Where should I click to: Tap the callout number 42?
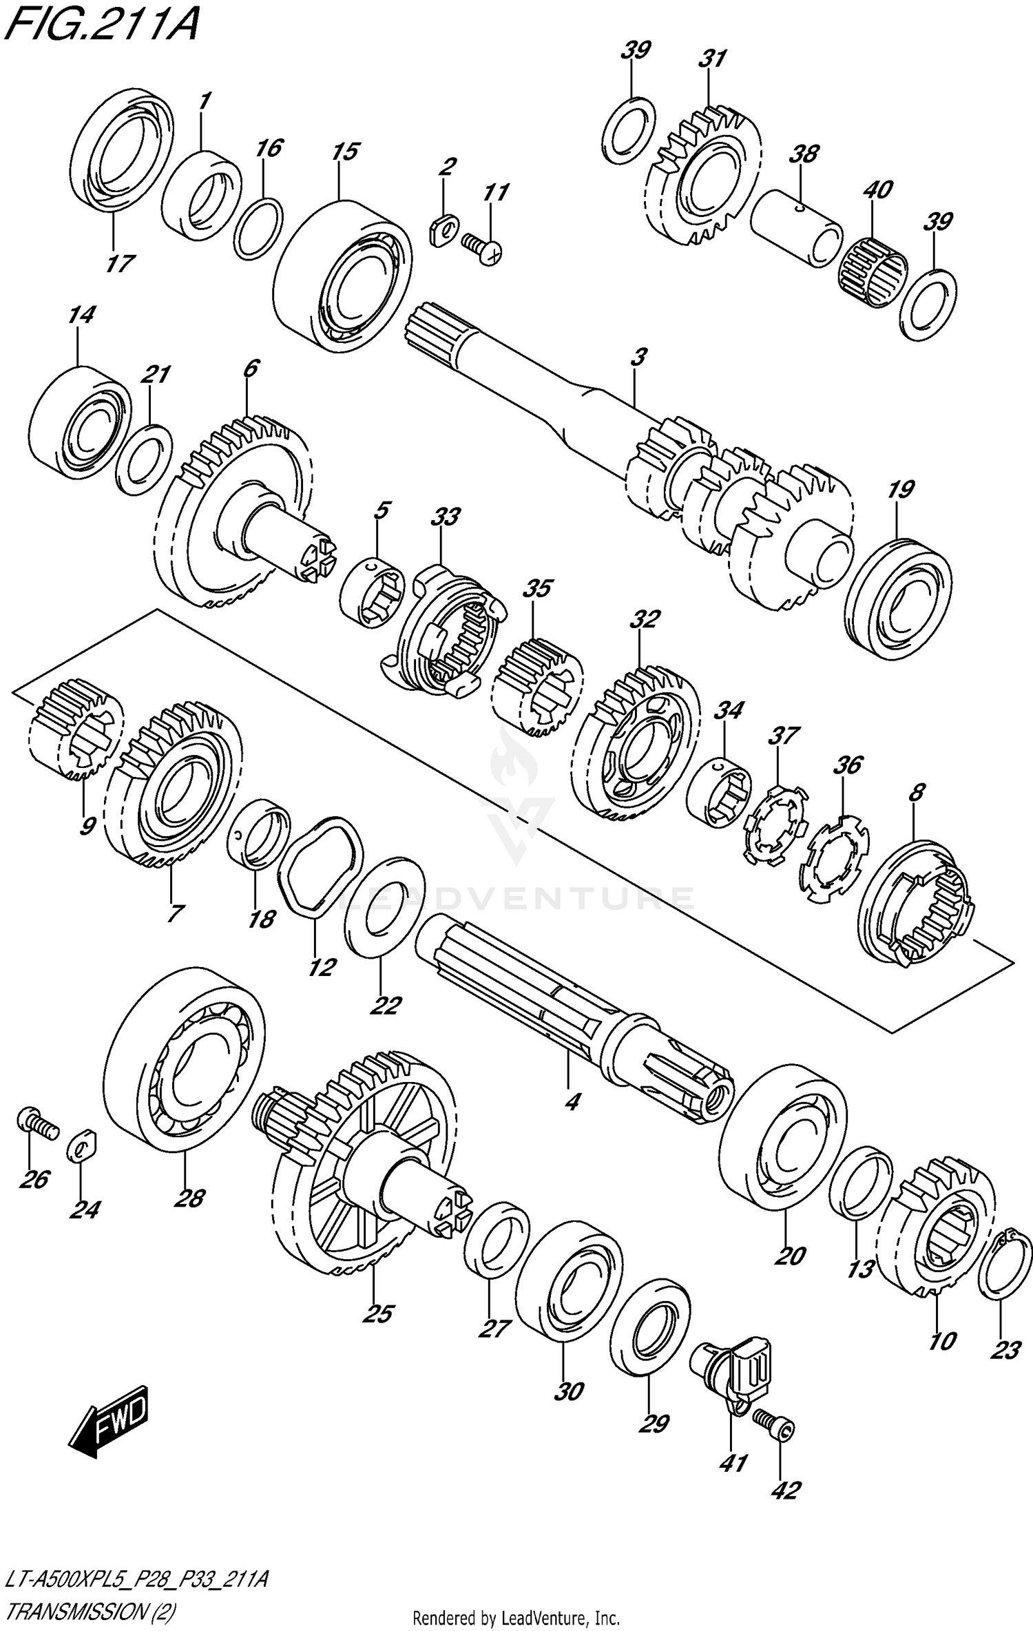[x=786, y=1490]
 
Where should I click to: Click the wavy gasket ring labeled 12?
[x=320, y=866]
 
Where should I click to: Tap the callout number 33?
[x=445, y=517]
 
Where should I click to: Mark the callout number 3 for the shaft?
[x=638, y=357]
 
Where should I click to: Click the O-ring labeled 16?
[x=258, y=229]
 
